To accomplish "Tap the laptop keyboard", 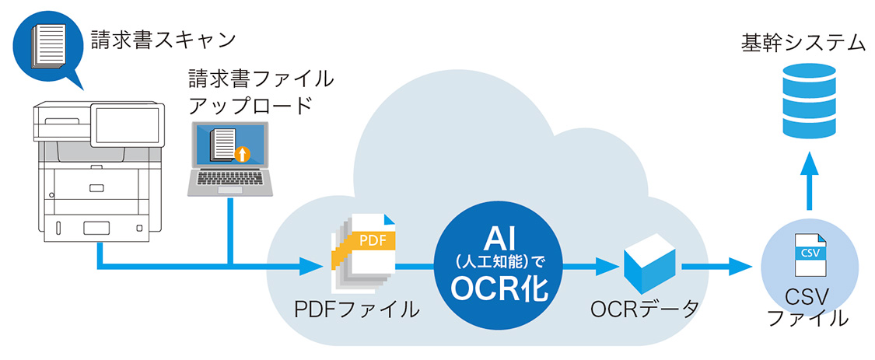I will point(232,182).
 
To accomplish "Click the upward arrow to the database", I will point(809,180).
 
